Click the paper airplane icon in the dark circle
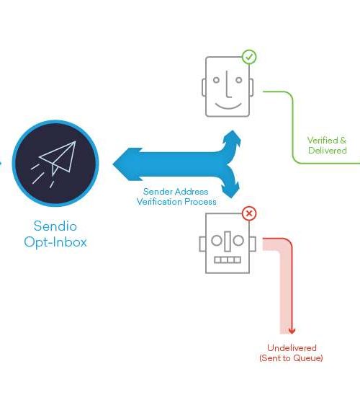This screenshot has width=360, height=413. (54, 161)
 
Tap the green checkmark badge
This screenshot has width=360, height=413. (249, 57)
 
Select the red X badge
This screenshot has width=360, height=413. (249, 213)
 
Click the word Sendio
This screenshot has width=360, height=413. (55, 226)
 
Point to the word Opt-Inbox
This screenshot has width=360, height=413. (55, 242)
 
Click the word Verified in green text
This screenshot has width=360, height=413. (323, 140)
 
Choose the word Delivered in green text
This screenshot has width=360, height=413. (328, 151)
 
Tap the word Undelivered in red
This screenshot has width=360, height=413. (292, 347)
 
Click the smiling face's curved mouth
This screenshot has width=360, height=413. (228, 106)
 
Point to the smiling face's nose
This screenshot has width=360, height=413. (228, 84)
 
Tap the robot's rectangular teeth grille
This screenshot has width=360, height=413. (228, 260)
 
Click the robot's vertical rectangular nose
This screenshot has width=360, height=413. (228, 241)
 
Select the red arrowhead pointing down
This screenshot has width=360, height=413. (292, 331)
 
